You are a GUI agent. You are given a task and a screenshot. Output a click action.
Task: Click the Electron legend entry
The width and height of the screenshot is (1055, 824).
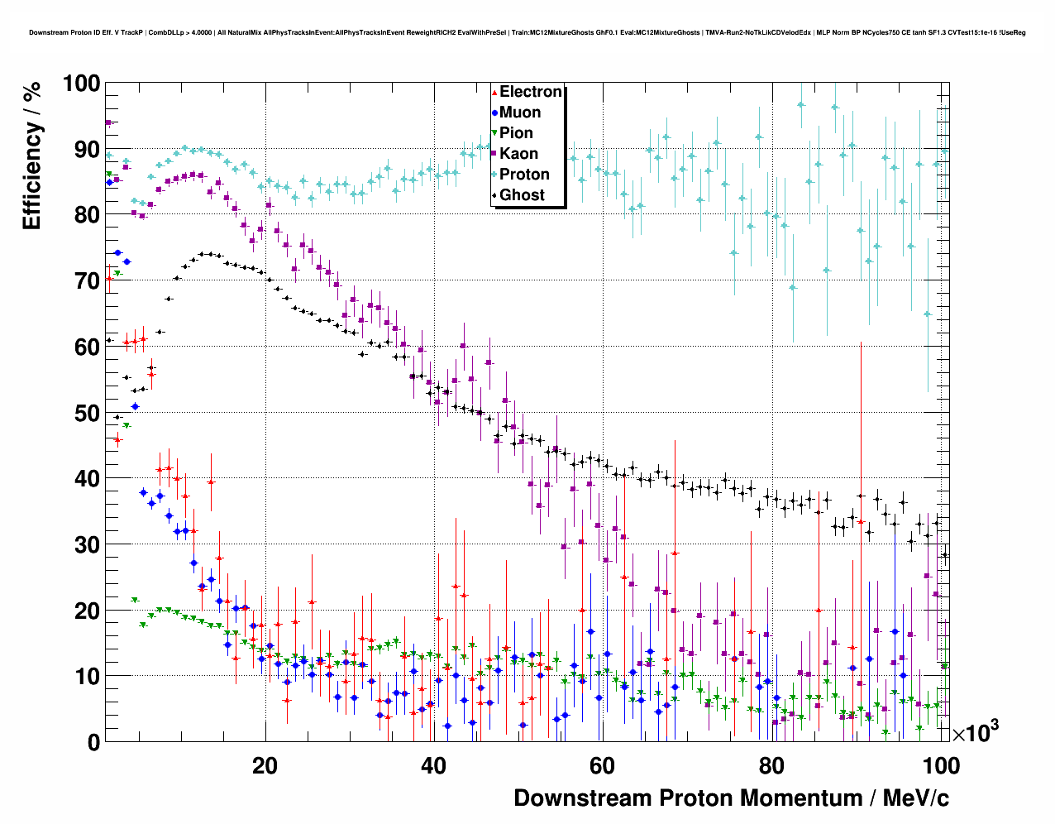530,92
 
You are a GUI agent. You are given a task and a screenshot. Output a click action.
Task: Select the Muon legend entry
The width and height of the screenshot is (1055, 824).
520,113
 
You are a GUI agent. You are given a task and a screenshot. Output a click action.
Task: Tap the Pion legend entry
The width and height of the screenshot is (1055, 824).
516,133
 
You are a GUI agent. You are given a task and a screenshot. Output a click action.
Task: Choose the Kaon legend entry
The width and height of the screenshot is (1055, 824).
518,154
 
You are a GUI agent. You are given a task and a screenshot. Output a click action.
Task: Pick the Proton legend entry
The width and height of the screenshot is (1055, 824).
524,175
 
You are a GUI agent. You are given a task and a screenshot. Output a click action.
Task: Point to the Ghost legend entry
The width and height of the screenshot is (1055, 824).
522,195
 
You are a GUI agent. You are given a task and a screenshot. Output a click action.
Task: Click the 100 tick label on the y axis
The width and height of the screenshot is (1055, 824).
81,84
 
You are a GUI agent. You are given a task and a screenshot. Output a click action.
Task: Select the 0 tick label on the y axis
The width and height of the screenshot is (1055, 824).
93,742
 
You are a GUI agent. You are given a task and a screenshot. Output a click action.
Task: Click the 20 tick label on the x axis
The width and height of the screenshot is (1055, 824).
265,766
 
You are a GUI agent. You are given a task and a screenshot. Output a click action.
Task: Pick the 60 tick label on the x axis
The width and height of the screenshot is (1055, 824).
602,766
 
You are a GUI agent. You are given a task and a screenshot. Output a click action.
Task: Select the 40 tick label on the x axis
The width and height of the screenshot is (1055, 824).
433,766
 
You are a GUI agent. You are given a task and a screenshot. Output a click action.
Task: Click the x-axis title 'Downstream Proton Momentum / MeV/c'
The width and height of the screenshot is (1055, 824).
731,798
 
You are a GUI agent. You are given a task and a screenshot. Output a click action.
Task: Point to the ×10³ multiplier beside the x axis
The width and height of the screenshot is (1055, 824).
975,732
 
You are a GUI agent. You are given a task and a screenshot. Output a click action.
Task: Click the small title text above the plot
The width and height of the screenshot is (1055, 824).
527,33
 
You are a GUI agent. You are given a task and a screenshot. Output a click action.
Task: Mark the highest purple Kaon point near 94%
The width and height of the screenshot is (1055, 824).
107,123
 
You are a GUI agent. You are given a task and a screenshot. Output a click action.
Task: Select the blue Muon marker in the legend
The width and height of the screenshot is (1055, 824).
494,113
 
